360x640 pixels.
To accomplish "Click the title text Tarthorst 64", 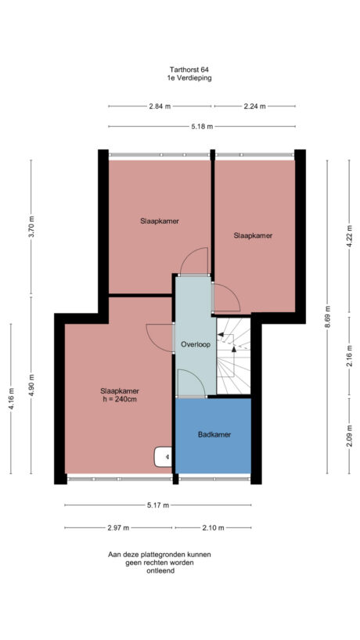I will (179, 70).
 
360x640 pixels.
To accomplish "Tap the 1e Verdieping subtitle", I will (179, 78).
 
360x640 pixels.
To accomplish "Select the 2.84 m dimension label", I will (160, 106).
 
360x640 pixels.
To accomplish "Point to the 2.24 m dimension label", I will (254, 106).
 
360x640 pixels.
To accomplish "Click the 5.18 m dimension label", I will (201, 126).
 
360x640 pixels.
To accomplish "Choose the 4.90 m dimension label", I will (31, 389).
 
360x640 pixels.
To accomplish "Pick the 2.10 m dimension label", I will (213, 527).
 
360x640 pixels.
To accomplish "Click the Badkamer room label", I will (213, 434).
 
